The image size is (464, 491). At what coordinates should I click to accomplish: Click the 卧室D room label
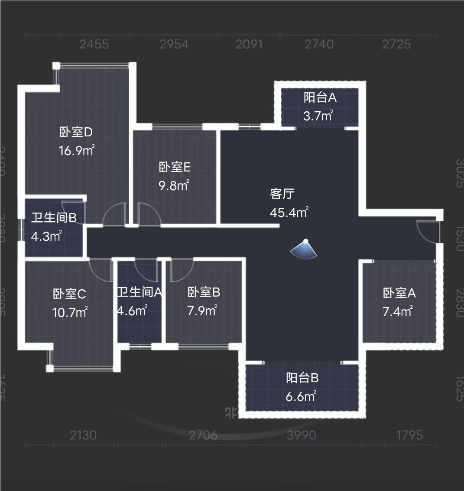[x=76, y=132]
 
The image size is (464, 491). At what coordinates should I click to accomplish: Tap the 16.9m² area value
[x=76, y=151]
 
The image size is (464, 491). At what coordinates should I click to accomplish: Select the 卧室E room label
[x=175, y=167]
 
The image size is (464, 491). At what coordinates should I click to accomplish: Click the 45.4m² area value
[x=289, y=213]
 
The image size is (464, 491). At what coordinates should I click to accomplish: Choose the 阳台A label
[x=320, y=97]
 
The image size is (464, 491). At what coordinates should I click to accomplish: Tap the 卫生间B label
[x=53, y=217]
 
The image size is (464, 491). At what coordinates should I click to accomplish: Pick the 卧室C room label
[x=69, y=294]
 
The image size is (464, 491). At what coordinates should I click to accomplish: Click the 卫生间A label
[x=139, y=292]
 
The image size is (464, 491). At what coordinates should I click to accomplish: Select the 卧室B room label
[x=204, y=292]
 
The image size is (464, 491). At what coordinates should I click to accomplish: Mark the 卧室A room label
[x=399, y=293]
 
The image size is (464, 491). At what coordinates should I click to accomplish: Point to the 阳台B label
[x=302, y=378]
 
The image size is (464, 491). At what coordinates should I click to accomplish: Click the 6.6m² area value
[x=301, y=397]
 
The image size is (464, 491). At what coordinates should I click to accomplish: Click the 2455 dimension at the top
[x=94, y=44]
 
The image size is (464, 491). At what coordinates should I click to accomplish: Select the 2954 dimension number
[x=174, y=44]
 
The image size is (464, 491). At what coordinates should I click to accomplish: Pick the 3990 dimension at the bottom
[x=302, y=435]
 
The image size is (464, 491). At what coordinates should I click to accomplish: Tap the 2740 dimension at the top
[x=319, y=44]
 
